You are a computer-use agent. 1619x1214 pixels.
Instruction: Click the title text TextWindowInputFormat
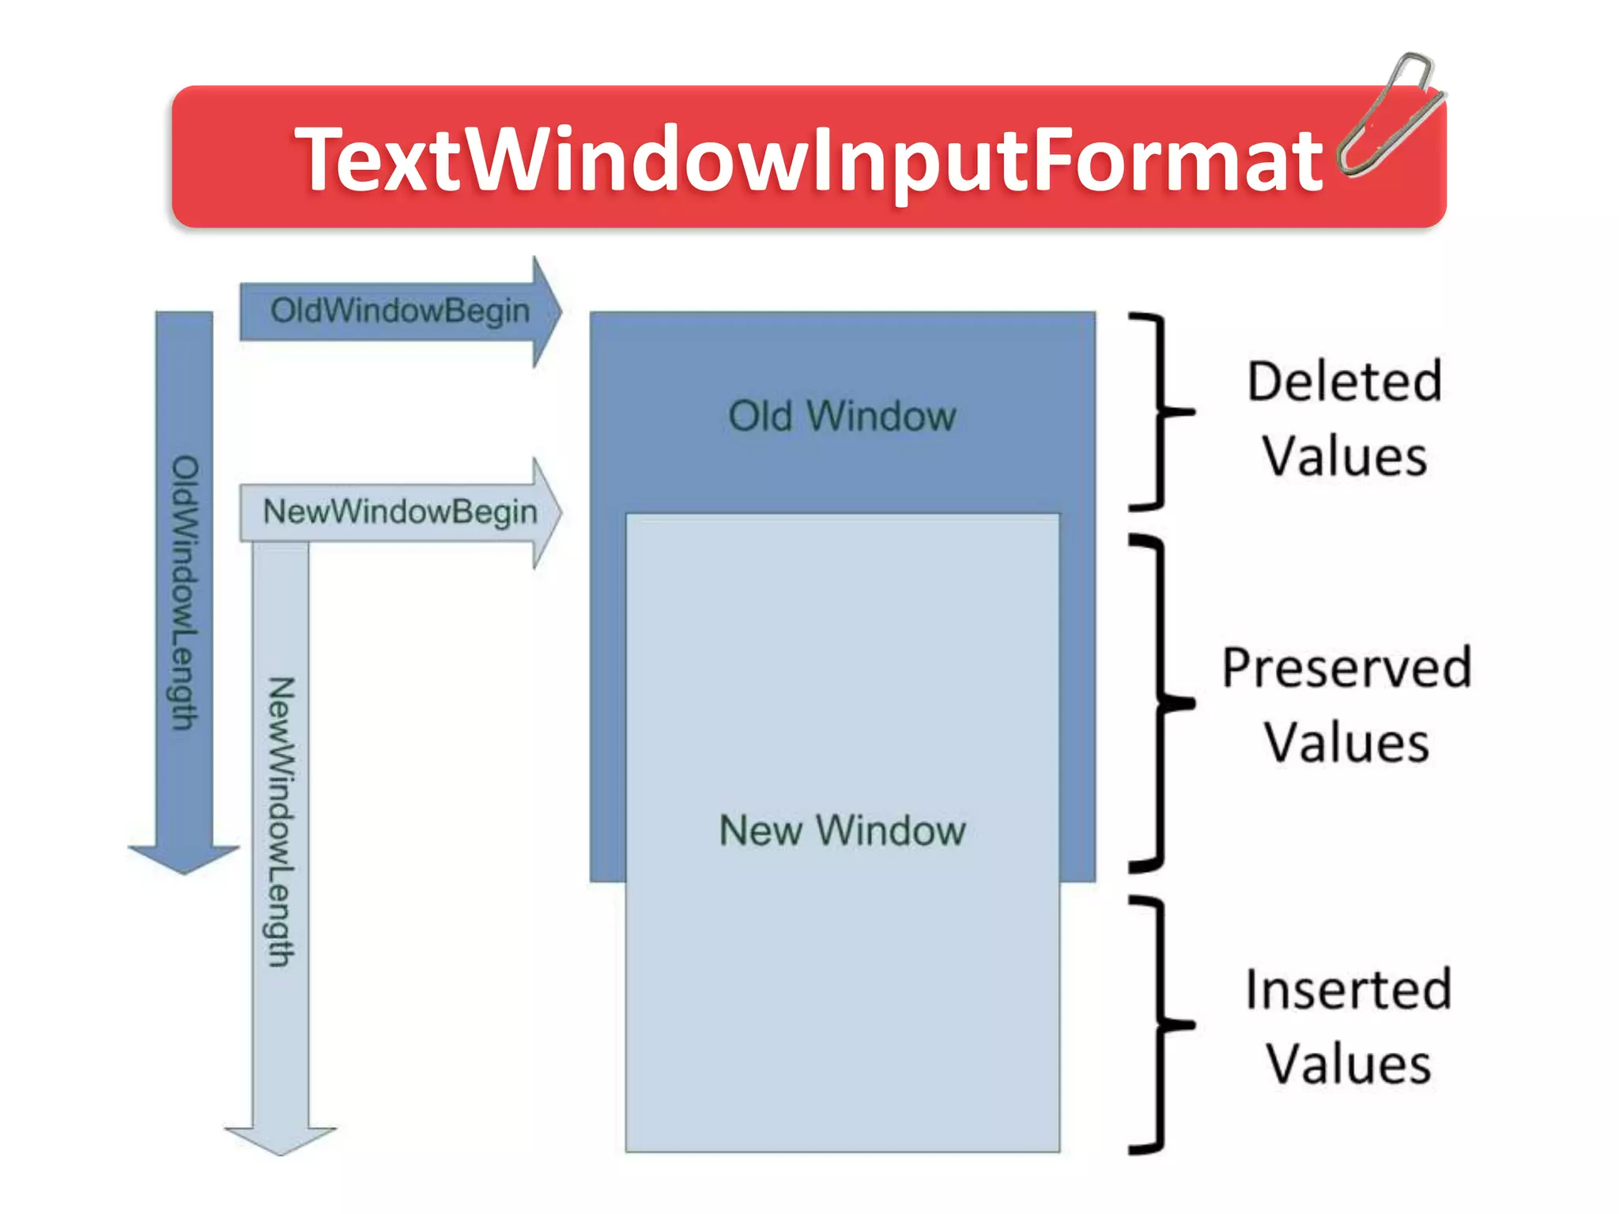pos(808,160)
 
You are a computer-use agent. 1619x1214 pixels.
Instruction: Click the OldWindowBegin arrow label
pos(400,311)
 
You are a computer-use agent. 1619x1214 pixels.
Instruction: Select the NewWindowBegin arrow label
pos(400,511)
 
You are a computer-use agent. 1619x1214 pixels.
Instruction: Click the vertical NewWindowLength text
pos(281,822)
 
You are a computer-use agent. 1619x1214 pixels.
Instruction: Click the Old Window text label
pos(842,417)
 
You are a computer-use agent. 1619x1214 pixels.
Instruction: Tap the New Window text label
pos(842,831)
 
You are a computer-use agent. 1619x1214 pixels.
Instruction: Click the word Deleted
pos(1345,382)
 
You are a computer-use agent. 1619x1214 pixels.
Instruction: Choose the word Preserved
pos(1346,669)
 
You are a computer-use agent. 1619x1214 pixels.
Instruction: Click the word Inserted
pos(1348,990)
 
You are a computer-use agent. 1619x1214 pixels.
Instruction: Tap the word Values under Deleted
pos(1345,457)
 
